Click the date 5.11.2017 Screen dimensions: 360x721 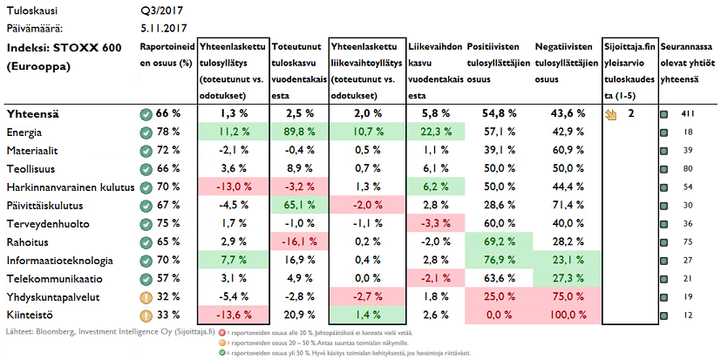(168, 28)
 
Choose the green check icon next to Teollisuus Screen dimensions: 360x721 (146, 168)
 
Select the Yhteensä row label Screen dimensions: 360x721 (32, 114)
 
